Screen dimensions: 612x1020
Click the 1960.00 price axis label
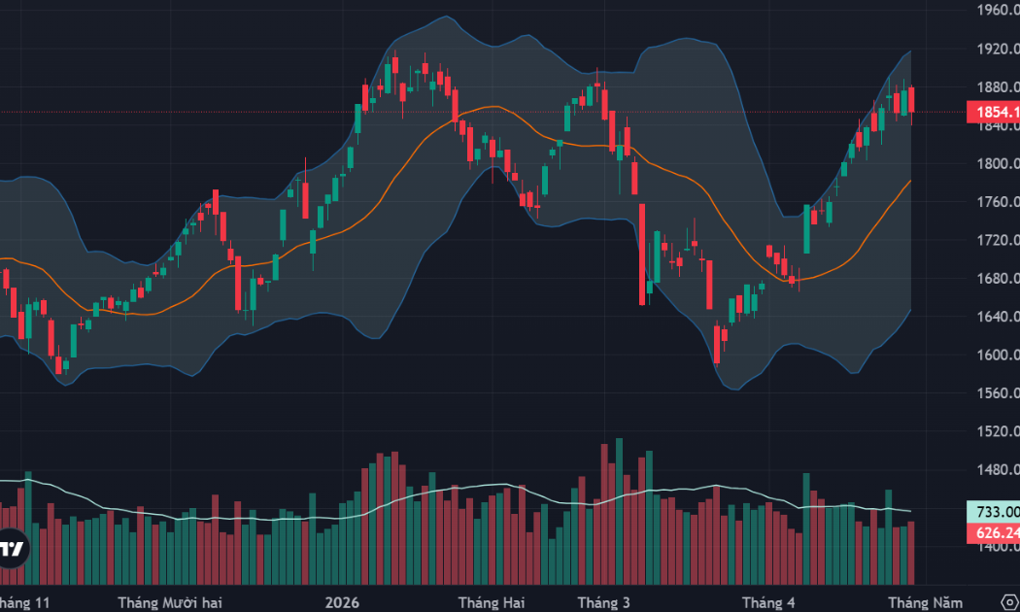click(x=993, y=11)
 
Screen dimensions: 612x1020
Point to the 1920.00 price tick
click(x=993, y=49)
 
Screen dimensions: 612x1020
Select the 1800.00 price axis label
click(x=993, y=163)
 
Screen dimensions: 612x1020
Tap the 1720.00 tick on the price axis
click(x=993, y=240)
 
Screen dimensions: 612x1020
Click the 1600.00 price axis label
click(x=993, y=355)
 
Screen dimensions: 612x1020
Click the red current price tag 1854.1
click(x=992, y=113)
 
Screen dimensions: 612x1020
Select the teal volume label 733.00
click(x=993, y=512)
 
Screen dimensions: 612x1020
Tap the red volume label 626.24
click(x=993, y=532)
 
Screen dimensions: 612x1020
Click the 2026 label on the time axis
click(x=342, y=603)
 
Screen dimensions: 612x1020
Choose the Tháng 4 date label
click(x=767, y=603)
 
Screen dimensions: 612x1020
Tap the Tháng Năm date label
click(x=928, y=603)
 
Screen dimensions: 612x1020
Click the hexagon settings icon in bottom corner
click(x=1008, y=599)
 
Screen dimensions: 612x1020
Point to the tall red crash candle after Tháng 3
click(x=643, y=253)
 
